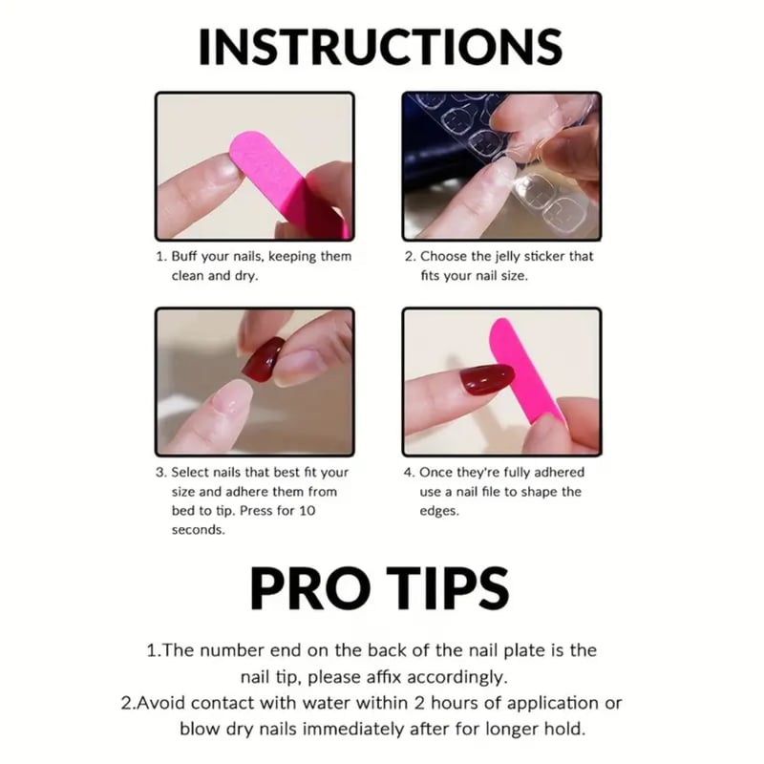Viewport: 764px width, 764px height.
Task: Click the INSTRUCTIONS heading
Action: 380,47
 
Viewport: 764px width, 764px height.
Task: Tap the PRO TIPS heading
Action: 379,588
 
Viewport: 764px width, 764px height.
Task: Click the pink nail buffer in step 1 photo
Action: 287,182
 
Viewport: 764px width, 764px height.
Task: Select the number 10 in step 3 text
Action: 308,511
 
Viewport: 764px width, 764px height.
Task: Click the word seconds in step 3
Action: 199,530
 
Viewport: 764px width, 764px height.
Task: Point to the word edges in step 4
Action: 439,512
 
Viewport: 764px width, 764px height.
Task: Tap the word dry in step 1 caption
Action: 246,276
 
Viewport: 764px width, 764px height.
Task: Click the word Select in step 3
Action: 188,472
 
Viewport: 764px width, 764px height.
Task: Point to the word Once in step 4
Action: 434,472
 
